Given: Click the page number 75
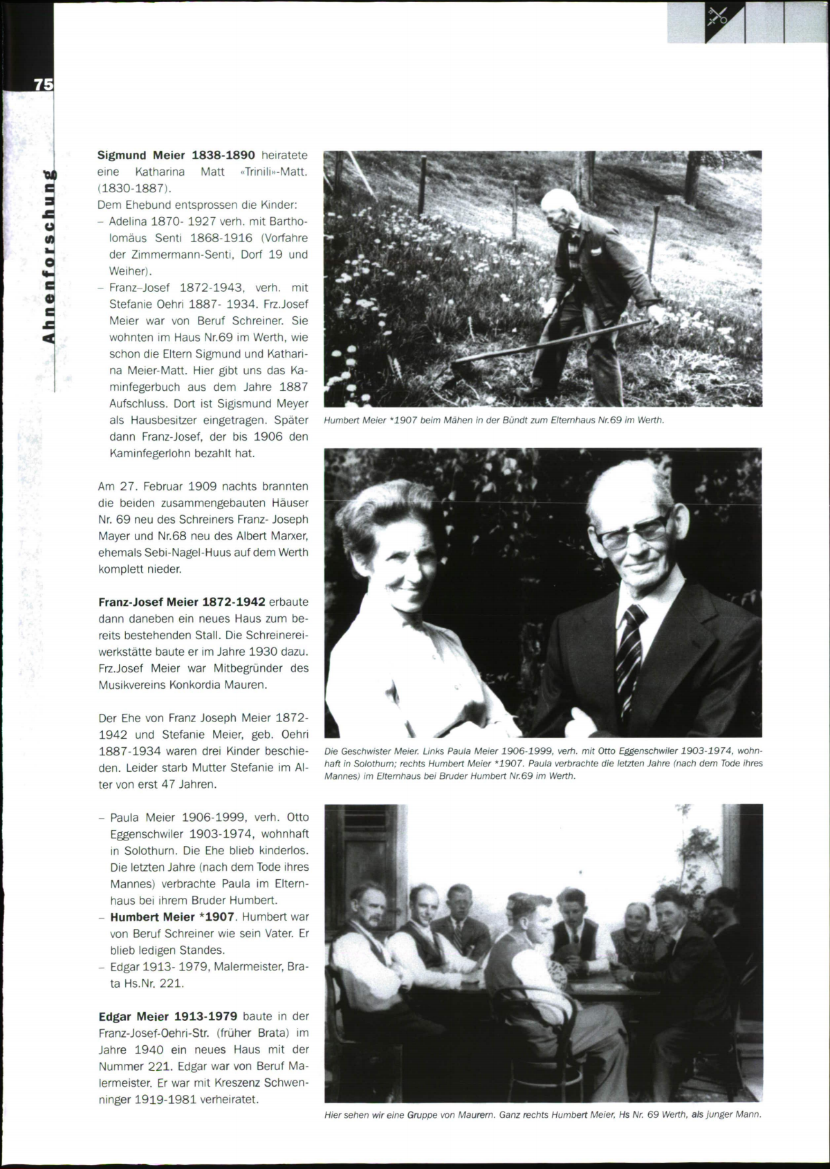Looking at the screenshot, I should click(x=43, y=84).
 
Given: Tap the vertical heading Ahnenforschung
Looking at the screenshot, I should click(x=48, y=256).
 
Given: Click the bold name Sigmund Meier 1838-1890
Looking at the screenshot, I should click(x=176, y=155).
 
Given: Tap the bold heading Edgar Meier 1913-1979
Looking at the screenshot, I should click(x=168, y=1016).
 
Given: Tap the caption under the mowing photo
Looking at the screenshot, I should click(x=494, y=420).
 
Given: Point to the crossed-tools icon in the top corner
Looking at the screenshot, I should click(x=717, y=17).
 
